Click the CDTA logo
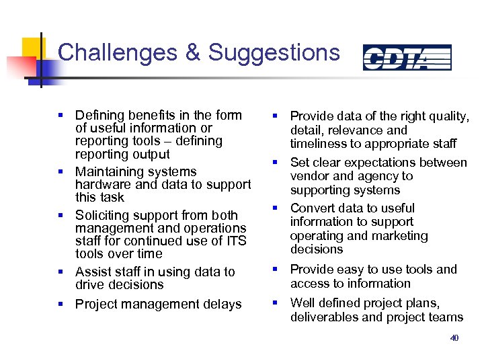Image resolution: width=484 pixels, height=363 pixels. click(x=407, y=57)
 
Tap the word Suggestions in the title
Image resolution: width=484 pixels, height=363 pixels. click(x=274, y=52)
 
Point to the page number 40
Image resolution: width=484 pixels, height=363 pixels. click(x=454, y=338)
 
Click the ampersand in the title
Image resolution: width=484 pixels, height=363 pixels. click(x=193, y=52)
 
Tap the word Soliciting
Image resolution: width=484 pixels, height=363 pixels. click(x=104, y=215)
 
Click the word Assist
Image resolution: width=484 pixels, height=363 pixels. click(x=93, y=272)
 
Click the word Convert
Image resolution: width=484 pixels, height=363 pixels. click(x=314, y=208)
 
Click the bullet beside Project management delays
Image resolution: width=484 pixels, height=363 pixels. click(x=62, y=305)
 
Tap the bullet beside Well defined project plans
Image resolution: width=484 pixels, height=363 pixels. click(x=276, y=303)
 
